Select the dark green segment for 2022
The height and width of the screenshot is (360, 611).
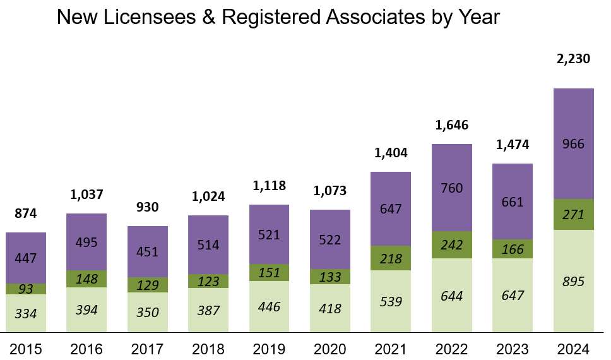point(451,244)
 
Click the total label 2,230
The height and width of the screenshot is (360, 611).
point(573,59)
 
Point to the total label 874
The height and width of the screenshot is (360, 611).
point(26,213)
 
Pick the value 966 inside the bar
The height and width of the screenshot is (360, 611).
point(573,144)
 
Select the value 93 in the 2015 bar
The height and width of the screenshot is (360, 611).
point(26,289)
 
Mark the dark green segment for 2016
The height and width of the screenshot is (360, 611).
point(86,279)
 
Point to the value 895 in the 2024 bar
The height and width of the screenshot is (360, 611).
point(573,282)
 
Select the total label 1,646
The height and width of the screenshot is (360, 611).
point(451,125)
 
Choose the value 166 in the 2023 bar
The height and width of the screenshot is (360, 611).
point(513,249)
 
